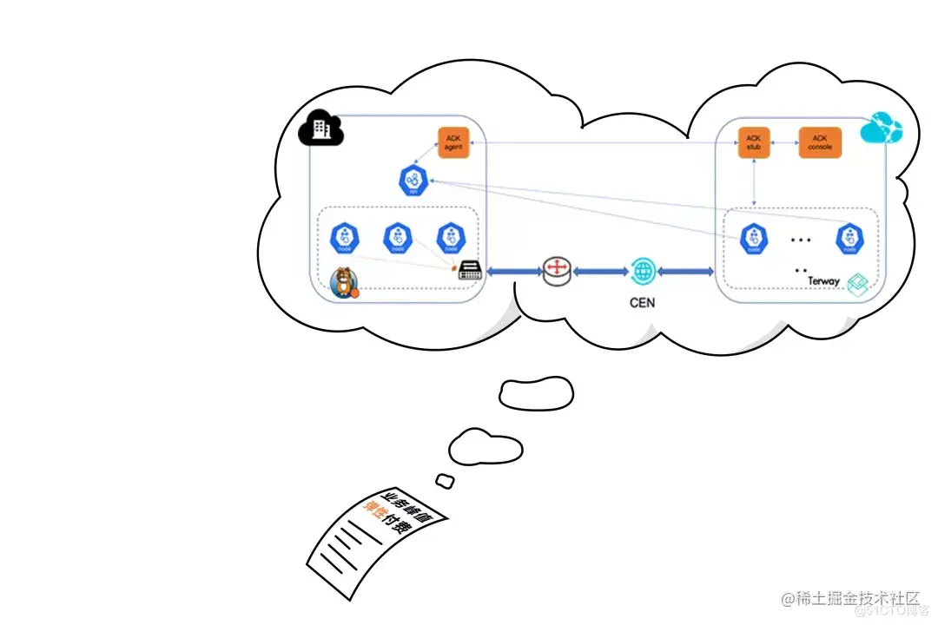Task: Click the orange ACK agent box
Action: coord(454,142)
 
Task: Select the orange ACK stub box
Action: coord(753,142)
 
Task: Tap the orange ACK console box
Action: coord(820,142)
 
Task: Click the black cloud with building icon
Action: coord(321,129)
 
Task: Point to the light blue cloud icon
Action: coord(882,128)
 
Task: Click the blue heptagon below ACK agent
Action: coord(411,181)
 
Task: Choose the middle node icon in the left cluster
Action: coord(398,238)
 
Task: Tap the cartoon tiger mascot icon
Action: coord(346,282)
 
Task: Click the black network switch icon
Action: coord(470,271)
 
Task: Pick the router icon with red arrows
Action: coord(556,271)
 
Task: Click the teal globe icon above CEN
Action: coord(643,271)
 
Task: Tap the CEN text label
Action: coord(643,303)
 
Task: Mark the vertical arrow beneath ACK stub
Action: coord(753,182)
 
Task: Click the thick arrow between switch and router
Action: coord(514,272)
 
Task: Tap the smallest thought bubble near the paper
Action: coord(445,480)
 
